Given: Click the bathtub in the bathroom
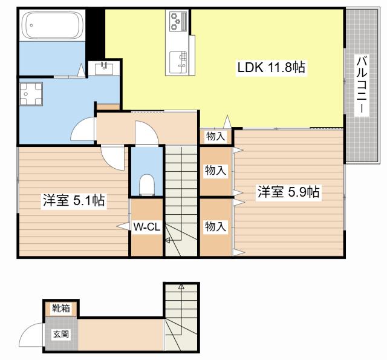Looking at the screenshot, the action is tap(53, 25).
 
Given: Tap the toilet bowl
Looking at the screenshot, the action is tap(147, 185).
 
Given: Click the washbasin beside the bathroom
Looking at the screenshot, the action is tap(103, 68).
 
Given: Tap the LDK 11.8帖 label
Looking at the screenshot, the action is tap(271, 67).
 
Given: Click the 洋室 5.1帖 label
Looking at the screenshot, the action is tap(74, 200).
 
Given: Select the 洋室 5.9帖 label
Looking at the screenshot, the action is tap(288, 192).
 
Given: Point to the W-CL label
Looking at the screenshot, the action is tap(146, 227).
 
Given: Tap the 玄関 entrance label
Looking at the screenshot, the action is tap(61, 335).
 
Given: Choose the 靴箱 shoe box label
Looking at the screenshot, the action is tap(60, 308).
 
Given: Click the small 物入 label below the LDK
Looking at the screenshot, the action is tap(216, 136).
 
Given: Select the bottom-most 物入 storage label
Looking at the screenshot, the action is tap(215, 226).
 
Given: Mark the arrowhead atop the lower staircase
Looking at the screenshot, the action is tap(181, 287).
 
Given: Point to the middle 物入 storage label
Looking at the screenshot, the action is tap(215, 171).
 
